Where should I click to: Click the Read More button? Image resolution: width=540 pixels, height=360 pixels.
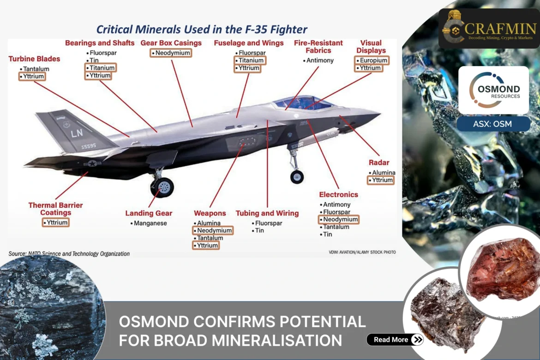point(395,340)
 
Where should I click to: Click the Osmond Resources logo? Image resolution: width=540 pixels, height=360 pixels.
point(493,90)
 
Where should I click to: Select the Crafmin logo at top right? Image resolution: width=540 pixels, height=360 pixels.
point(489,28)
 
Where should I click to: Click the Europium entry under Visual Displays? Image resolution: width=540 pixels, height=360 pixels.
point(372,60)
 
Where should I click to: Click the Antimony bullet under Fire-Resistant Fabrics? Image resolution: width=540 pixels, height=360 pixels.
point(318,60)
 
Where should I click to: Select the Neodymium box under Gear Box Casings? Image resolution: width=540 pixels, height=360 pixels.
point(171,53)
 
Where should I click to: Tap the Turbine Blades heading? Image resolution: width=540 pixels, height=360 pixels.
point(34,59)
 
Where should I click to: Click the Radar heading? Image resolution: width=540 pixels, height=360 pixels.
point(379,162)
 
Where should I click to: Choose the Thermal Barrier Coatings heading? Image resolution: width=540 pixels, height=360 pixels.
point(55,209)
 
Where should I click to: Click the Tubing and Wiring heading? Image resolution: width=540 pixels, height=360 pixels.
point(267,213)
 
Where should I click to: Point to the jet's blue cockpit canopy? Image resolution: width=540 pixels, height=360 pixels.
point(302,102)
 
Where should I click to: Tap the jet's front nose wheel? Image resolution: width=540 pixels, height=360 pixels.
point(297,176)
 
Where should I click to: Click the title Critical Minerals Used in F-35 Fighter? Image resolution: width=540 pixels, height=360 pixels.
point(202,30)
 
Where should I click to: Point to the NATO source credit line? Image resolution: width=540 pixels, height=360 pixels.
point(69,254)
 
